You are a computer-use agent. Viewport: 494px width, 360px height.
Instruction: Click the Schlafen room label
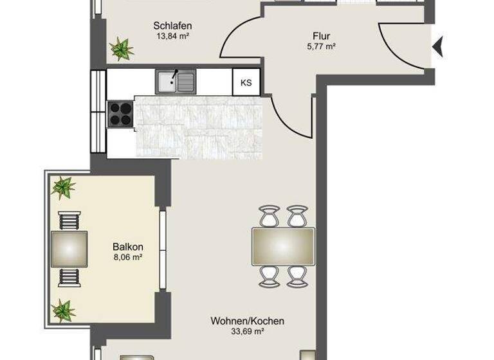coord(172,26)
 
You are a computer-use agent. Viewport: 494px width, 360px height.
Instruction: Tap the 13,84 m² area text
coord(172,37)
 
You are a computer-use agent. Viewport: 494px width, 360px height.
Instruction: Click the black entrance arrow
coord(439,46)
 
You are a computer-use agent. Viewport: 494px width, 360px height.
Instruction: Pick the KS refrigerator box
coord(246,82)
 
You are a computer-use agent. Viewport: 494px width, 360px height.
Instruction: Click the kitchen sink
coord(174,81)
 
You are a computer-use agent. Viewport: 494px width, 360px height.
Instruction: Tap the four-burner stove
coord(120,114)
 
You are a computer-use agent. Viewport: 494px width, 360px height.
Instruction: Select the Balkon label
coord(127,247)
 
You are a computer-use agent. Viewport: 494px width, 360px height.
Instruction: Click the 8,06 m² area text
coord(127,258)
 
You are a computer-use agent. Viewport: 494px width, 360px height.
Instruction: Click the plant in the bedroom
coord(120,47)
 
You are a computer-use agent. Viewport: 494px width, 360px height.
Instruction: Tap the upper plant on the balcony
coord(63,187)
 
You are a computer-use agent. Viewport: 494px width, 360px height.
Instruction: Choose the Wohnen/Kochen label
coord(248,321)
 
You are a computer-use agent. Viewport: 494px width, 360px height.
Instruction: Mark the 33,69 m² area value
coord(248,332)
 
